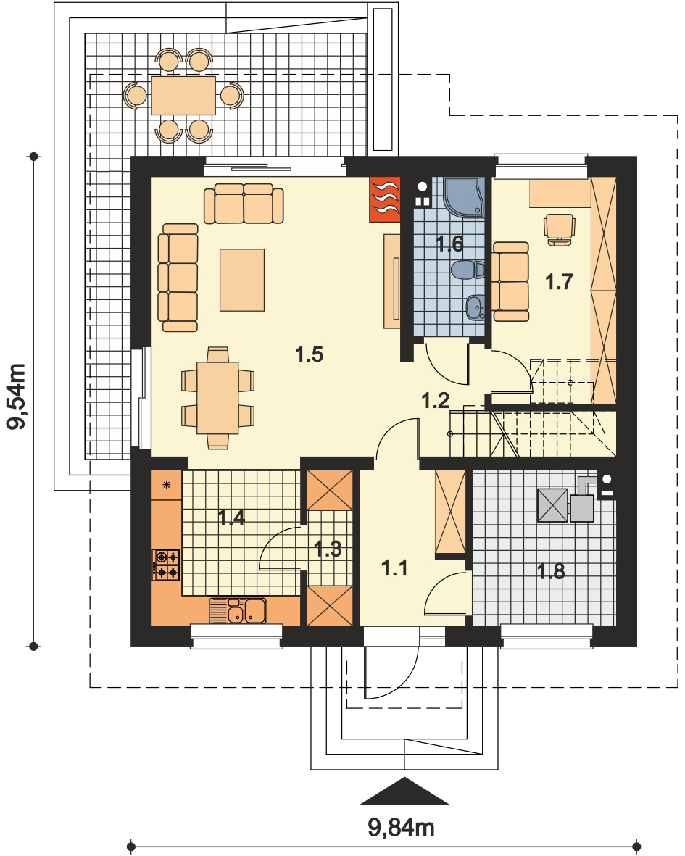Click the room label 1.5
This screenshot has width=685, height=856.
[x=309, y=354]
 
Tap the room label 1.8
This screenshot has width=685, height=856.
[x=551, y=571]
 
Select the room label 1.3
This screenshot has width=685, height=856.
[x=328, y=549]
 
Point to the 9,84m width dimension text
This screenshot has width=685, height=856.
[x=401, y=828]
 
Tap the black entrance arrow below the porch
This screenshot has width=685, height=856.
[x=404, y=791]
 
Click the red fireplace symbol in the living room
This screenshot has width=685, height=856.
[x=385, y=199]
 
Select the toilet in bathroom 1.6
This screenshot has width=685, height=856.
[x=468, y=270]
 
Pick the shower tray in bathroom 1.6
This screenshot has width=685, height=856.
[x=465, y=197]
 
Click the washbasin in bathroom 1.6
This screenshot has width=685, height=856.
[x=476, y=308]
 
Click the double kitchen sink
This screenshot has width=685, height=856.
[x=238, y=611]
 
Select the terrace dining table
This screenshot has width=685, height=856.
[x=183, y=96]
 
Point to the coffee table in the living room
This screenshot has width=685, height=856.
[x=242, y=280]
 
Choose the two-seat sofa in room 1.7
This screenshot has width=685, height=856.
[x=511, y=282]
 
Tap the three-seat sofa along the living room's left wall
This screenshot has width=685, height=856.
[x=178, y=278]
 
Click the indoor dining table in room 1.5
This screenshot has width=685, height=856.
[x=217, y=398]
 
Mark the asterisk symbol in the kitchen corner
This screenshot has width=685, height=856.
[x=167, y=483]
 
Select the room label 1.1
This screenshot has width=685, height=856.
[x=394, y=568]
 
